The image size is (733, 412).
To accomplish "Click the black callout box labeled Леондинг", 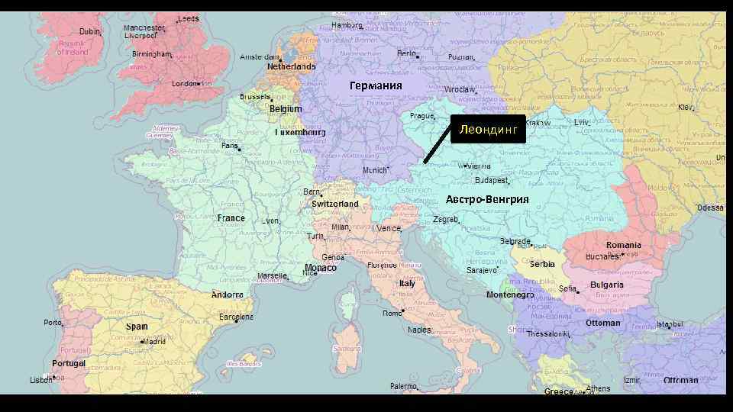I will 488,130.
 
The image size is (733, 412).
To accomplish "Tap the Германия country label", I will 376,85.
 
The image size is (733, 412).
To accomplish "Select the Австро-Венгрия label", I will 487,200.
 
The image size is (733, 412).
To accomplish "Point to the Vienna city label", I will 478,166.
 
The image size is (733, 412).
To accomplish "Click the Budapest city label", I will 492,181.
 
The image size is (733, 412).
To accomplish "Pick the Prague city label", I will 422,116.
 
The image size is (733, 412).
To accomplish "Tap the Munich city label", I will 375,170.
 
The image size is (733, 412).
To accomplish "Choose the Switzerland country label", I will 335,204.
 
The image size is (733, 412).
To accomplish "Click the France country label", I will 231,218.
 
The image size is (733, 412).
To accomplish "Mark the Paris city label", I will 229,146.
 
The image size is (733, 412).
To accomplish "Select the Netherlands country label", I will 291,67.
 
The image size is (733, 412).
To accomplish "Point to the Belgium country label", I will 286,109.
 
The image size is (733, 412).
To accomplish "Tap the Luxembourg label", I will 300,133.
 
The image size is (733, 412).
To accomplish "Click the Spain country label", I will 137,327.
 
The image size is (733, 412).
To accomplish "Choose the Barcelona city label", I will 236,317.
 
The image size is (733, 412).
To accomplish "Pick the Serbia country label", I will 542,265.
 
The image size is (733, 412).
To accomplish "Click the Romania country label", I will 624,246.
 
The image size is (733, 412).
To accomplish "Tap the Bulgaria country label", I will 607,285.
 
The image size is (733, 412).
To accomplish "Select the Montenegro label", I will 510,295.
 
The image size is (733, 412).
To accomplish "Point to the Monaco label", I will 321,268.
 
